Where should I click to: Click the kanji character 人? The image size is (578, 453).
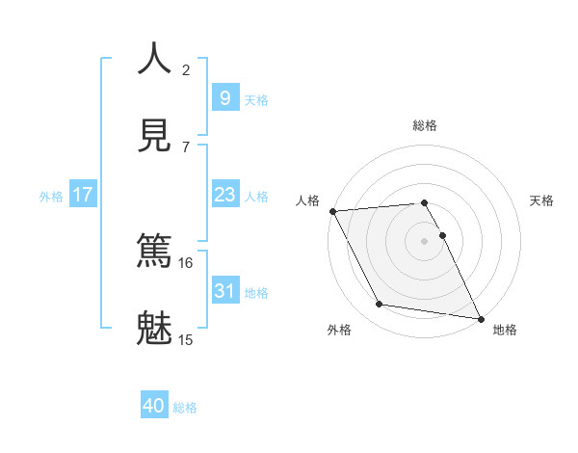(x=155, y=59)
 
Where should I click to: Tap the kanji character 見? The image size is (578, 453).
(x=155, y=134)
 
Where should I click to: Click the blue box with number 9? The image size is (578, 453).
(x=224, y=97)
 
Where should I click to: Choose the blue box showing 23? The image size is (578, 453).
(x=224, y=195)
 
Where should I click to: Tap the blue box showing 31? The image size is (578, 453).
(x=224, y=290)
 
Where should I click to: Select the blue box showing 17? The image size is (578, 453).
(x=83, y=195)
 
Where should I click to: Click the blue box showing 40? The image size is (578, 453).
(x=154, y=406)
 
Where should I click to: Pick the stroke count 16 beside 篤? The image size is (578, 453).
(x=185, y=262)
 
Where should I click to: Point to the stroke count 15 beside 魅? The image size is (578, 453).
(x=185, y=338)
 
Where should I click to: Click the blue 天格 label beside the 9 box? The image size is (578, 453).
(x=255, y=99)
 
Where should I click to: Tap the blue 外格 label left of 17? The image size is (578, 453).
(x=51, y=196)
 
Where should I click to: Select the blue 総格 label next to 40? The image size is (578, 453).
(x=185, y=408)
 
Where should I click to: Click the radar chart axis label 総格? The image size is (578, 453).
(x=424, y=125)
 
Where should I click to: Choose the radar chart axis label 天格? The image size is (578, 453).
(x=541, y=200)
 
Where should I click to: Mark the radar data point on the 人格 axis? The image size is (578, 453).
(x=332, y=211)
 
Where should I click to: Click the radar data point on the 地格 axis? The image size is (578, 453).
(x=480, y=317)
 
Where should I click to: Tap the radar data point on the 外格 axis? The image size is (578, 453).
(x=379, y=305)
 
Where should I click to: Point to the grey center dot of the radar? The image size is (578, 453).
(x=424, y=241)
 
